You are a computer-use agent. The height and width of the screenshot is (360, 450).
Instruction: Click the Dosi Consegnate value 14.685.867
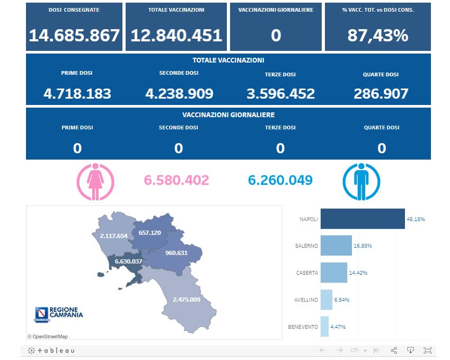(x=74, y=36)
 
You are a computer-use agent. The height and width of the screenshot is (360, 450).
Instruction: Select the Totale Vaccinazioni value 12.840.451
(x=176, y=36)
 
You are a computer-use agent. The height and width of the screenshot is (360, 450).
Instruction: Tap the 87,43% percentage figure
(x=377, y=36)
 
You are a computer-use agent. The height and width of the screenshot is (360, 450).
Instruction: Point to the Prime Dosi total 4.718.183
(x=77, y=94)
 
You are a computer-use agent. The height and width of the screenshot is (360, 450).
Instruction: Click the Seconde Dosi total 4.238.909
(x=179, y=94)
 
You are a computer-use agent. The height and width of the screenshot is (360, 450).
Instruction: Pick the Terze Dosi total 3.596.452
(x=280, y=94)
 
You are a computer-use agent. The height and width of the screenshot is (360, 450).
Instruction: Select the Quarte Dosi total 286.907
(x=381, y=94)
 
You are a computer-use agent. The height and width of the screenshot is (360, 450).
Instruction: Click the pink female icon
(x=96, y=181)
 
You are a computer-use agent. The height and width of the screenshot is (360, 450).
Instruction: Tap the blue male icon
(x=361, y=181)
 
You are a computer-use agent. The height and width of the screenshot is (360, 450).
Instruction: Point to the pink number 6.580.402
(x=177, y=180)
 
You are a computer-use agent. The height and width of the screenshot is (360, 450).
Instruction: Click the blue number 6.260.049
(x=280, y=180)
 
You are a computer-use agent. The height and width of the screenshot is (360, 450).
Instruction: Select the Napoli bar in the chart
(x=363, y=218)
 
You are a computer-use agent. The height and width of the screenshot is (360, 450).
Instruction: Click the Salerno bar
(x=336, y=245)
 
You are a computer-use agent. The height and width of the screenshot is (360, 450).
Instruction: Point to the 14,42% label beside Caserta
(x=358, y=273)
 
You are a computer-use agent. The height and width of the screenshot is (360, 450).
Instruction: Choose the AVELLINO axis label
(x=306, y=300)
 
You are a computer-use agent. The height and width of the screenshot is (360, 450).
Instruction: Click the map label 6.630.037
(x=125, y=261)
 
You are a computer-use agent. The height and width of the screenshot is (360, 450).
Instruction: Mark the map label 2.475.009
(x=186, y=300)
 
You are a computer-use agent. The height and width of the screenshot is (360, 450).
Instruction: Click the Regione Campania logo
(x=58, y=314)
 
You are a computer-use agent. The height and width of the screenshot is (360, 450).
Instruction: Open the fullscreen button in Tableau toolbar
(x=428, y=350)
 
